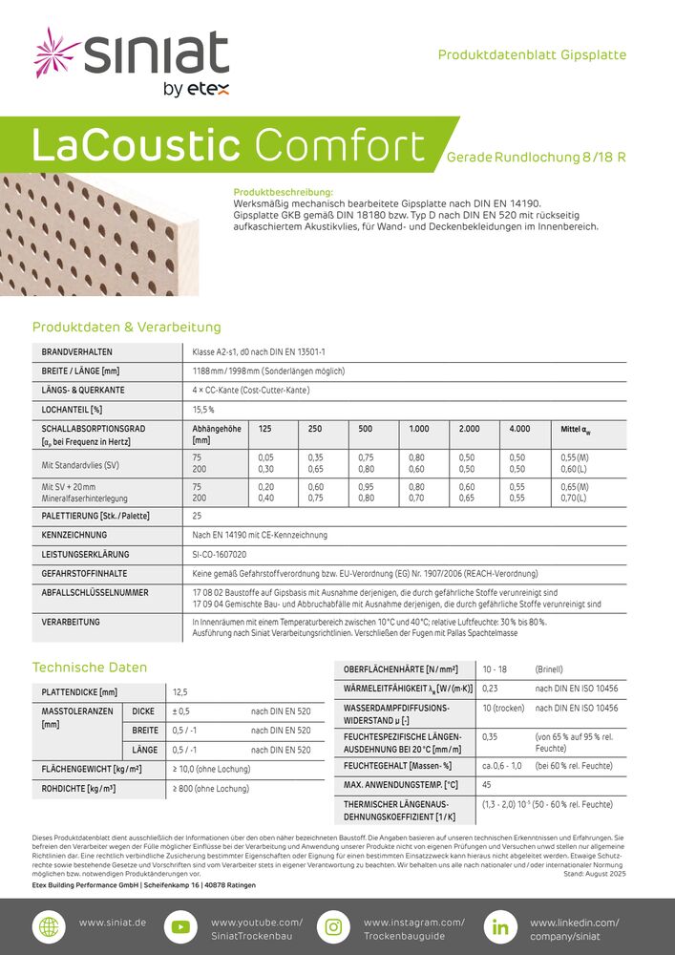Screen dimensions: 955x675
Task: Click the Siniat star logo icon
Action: pos(55,53)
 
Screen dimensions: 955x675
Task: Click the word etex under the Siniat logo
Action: pos(207,91)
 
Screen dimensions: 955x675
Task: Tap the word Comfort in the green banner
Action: pos(341,146)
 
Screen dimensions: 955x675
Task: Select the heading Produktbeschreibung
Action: pos(283,192)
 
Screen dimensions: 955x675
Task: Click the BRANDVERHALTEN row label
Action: pos(77,352)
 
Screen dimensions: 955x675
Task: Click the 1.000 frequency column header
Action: pos(419,429)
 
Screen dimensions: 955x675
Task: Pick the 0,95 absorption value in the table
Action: pos(366,487)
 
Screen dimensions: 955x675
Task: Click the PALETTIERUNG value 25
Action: pos(197,516)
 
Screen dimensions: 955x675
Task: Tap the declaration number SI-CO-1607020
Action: pos(220,554)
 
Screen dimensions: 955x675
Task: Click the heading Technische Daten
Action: pos(90,667)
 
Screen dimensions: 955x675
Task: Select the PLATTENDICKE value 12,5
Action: pos(180,691)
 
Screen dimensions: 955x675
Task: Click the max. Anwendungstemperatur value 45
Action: pos(487,785)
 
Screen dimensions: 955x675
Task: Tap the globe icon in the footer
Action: pos(47,927)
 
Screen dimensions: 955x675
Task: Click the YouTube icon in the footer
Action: pos(180,927)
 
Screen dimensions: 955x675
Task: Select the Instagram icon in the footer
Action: pos(333,927)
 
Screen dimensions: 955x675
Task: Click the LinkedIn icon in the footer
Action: pos(499,927)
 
